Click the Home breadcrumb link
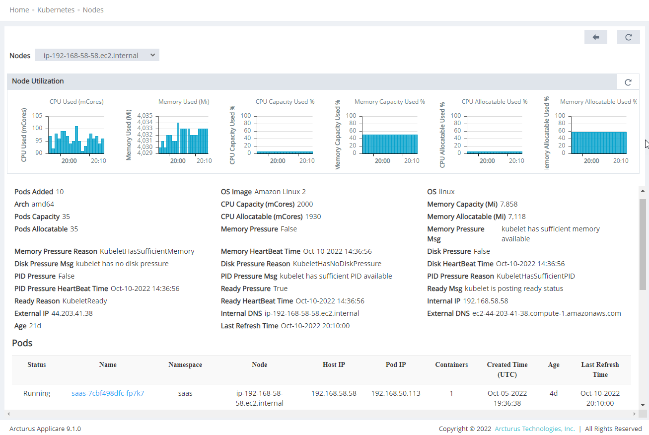19,10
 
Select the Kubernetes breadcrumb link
56,10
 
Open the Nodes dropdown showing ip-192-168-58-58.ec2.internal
97,55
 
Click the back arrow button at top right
596,37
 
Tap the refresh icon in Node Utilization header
628,82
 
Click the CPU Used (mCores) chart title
76,102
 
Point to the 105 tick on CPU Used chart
37,116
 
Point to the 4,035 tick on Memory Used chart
144,116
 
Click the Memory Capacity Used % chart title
389,102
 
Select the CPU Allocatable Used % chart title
494,102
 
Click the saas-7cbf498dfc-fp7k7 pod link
108,393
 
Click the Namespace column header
185,364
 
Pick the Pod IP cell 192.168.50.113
396,393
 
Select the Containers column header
451,364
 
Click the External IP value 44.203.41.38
72,313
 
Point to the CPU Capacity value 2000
305,204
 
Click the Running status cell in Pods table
37,393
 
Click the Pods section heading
22,343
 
